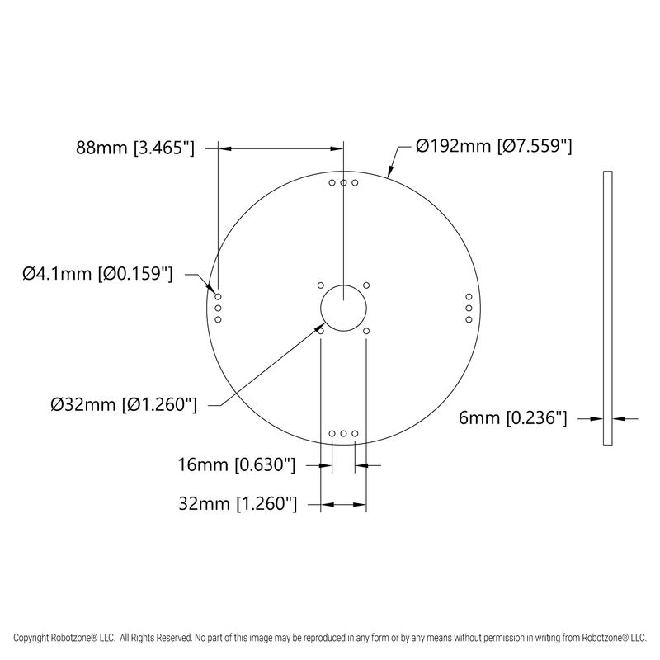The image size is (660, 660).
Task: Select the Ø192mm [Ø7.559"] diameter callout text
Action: pyautogui.click(x=494, y=147)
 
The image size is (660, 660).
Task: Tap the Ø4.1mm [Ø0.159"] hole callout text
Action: pyautogui.click(x=97, y=274)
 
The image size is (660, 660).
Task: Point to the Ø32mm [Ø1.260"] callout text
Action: pyautogui.click(x=123, y=404)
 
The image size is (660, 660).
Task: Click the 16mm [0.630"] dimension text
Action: pyautogui.click(x=237, y=465)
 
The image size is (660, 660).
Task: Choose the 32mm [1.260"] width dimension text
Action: pyautogui.click(x=237, y=502)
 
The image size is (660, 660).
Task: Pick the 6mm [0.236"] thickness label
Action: pyautogui.click(x=511, y=419)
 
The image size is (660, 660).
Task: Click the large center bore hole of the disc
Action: pyautogui.click(x=343, y=307)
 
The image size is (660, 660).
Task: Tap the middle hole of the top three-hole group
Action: pyautogui.click(x=343, y=182)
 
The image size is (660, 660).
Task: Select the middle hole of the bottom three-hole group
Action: pyautogui.click(x=343, y=432)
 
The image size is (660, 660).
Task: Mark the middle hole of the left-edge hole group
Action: pyautogui.click(x=219, y=307)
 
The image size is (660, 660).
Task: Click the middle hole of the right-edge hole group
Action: pyautogui.click(x=468, y=307)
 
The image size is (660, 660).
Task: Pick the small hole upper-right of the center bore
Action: pyautogui.click(x=365, y=285)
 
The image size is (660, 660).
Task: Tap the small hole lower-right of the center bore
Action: pyautogui.click(x=365, y=330)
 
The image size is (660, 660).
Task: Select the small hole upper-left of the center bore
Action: pyautogui.click(x=320, y=285)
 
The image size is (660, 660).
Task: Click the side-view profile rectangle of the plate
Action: pyautogui.click(x=608, y=309)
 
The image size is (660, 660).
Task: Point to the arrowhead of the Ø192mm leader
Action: pyautogui.click(x=389, y=175)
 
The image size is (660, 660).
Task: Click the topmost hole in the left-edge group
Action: pyautogui.click(x=219, y=295)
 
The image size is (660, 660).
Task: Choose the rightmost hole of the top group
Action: pyautogui.click(x=355, y=182)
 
